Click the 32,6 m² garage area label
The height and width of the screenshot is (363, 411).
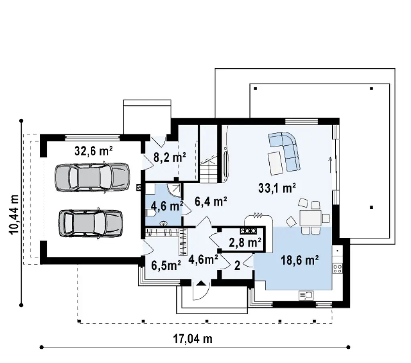tap(93, 151)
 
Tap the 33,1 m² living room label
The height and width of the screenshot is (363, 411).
tap(277, 188)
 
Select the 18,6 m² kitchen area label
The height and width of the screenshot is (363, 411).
tap(299, 260)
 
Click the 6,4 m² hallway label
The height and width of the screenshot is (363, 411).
tap(211, 202)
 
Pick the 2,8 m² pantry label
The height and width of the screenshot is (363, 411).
tap(245, 243)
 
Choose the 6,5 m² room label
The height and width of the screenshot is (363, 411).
tap(166, 265)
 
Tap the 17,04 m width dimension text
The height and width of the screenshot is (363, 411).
tap(193, 339)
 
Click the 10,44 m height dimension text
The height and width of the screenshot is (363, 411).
tap(14, 214)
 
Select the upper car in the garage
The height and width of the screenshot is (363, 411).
tap(92, 177)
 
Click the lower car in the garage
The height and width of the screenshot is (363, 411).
tap(91, 224)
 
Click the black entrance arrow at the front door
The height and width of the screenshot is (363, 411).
tap(201, 283)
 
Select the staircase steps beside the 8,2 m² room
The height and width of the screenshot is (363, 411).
tap(209, 169)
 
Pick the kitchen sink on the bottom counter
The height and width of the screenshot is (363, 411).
tap(306, 296)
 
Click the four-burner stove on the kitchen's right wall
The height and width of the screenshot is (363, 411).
tap(337, 268)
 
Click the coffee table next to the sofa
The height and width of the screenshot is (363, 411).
tap(276, 163)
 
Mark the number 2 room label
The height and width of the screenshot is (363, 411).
tap(237, 265)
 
